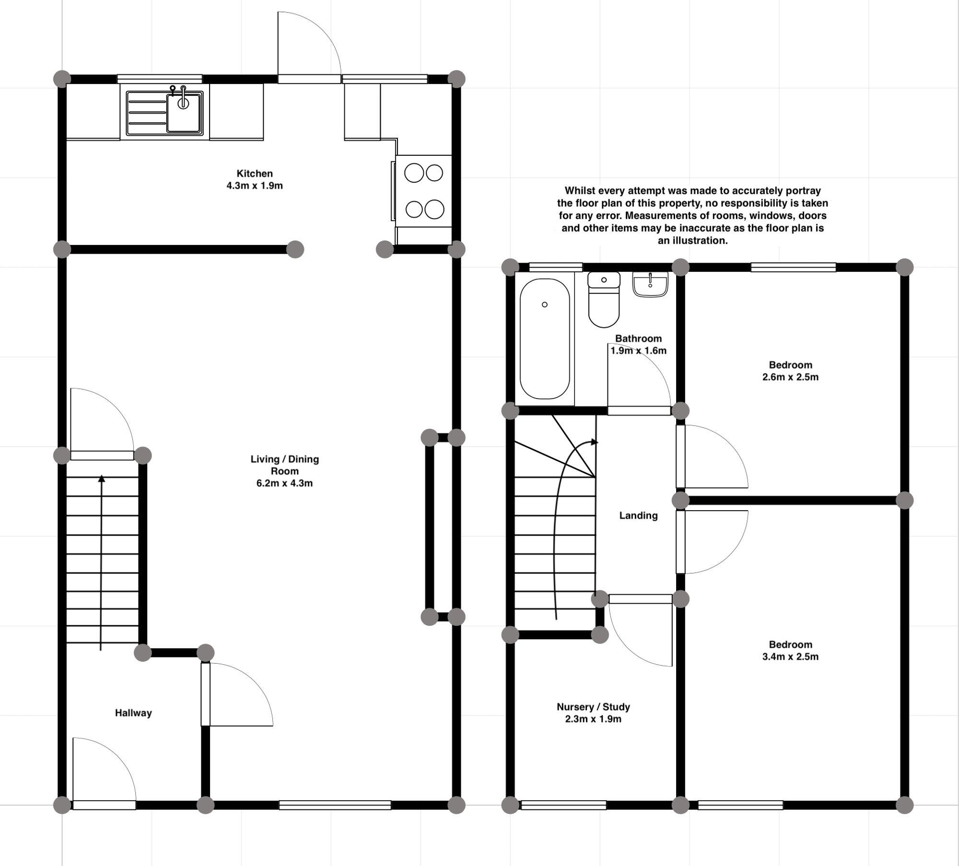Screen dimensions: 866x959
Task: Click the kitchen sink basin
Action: (x=184, y=113)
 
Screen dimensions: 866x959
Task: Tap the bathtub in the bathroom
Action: (x=545, y=339)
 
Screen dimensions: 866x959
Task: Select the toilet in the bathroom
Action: (x=604, y=300)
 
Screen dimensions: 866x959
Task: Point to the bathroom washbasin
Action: (x=650, y=285)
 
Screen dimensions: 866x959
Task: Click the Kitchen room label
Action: (x=255, y=174)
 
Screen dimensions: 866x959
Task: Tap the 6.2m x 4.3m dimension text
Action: (x=284, y=483)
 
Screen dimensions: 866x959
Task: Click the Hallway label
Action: (x=133, y=713)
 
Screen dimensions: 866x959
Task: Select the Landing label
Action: (x=638, y=515)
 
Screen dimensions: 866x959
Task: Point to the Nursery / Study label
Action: (x=593, y=707)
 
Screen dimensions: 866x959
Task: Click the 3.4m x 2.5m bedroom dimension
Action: (x=790, y=656)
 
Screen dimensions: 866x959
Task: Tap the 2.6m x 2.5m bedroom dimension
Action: (x=790, y=377)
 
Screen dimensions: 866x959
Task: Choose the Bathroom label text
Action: (x=638, y=339)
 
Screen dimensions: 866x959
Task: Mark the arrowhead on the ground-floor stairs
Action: (x=102, y=479)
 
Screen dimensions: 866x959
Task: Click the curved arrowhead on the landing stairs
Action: (x=595, y=442)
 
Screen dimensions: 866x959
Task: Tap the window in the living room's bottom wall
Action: (x=335, y=805)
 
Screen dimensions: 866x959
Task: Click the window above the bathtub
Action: (x=556, y=267)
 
